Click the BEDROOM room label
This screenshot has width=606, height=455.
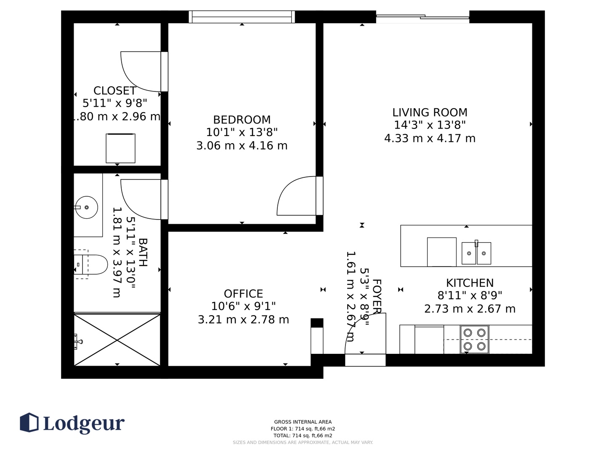pyautogui.click(x=242, y=120)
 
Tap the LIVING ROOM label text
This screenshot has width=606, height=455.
pyautogui.click(x=430, y=112)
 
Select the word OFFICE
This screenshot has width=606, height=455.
pyautogui.click(x=243, y=294)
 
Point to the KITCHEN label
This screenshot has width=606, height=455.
pyautogui.click(x=470, y=283)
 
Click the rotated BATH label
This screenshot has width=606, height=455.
pyautogui.click(x=143, y=252)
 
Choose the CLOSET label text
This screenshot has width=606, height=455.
pyautogui.click(x=114, y=91)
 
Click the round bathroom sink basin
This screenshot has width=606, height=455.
pyautogui.click(x=86, y=207)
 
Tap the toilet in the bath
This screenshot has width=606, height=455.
pyautogui.click(x=90, y=265)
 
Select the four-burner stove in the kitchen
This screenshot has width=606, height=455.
pyautogui.click(x=474, y=340)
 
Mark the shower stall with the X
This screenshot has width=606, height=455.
pyautogui.click(x=117, y=340)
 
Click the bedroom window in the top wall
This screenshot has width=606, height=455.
pyautogui.click(x=242, y=17)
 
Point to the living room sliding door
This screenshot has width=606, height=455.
pyautogui.click(x=423, y=17)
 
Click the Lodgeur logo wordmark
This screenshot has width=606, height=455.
pyautogui.click(x=84, y=424)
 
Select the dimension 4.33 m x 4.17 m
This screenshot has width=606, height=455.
pyautogui.click(x=430, y=139)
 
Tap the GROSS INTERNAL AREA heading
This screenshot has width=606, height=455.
pyautogui.click(x=303, y=422)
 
